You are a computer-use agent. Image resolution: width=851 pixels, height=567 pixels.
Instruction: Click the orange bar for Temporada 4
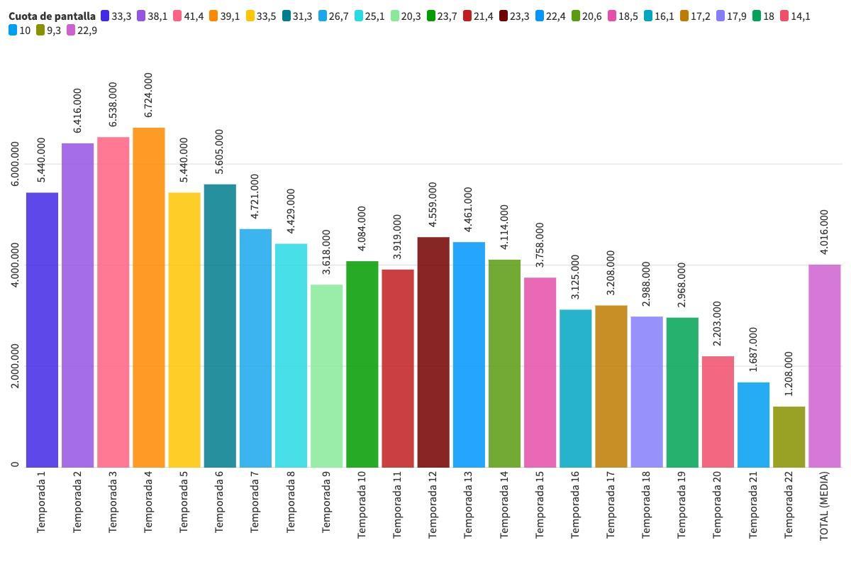tap(148, 298)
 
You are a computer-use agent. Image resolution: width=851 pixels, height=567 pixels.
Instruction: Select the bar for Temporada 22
tap(789, 436)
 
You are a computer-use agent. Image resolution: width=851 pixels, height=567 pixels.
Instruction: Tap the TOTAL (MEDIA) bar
tap(824, 365)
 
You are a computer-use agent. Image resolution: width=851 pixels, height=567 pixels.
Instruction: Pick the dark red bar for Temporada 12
tap(433, 352)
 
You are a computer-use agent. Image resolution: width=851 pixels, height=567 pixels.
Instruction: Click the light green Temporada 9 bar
tap(326, 376)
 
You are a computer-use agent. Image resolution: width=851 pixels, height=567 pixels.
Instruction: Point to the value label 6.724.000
tap(148, 95)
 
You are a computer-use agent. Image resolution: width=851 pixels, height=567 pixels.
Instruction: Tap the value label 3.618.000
tap(326, 252)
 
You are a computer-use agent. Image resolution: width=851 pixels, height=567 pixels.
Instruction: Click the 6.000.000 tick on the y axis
tap(16, 164)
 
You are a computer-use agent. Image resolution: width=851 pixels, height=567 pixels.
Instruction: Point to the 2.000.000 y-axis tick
tap(16, 366)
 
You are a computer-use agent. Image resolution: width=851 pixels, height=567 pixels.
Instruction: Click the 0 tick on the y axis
tap(16, 465)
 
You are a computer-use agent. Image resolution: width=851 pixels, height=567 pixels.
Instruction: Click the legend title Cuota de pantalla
tap(52, 16)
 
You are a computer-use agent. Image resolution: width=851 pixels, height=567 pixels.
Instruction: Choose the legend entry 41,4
tap(187, 16)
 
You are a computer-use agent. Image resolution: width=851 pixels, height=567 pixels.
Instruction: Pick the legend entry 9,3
tap(48, 31)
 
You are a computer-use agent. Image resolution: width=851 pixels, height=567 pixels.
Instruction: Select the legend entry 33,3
tap(116, 16)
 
